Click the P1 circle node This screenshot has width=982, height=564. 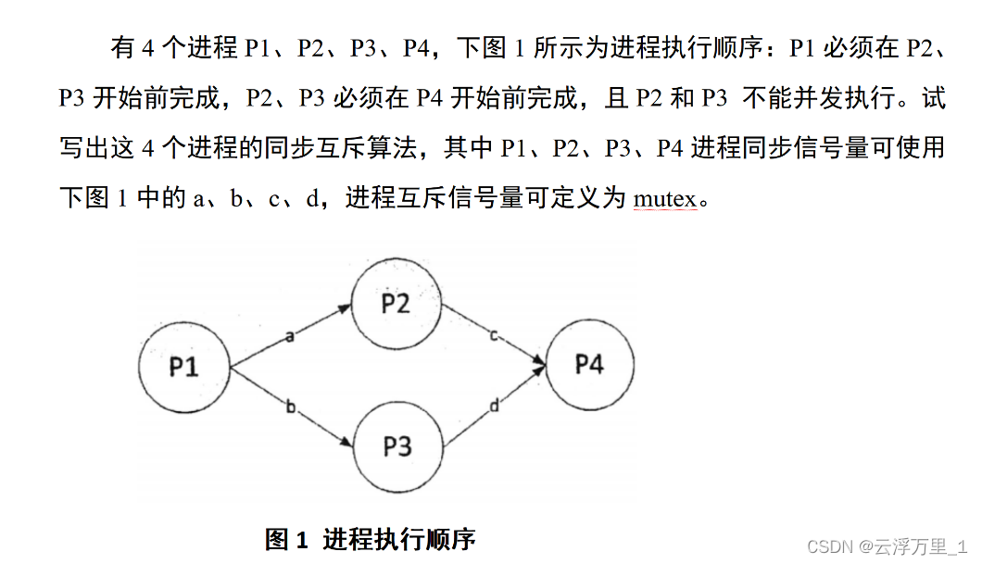[x=183, y=367]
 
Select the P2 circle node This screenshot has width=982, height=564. [x=396, y=303]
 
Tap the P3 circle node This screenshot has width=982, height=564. [x=397, y=446]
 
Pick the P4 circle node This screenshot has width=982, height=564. [x=589, y=364]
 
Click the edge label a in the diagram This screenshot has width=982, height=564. [x=289, y=336]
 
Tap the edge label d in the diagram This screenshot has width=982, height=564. [x=494, y=405]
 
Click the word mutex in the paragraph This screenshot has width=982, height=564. [x=664, y=198]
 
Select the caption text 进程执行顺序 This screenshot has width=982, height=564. [x=398, y=539]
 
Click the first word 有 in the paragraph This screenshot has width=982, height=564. [x=123, y=48]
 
